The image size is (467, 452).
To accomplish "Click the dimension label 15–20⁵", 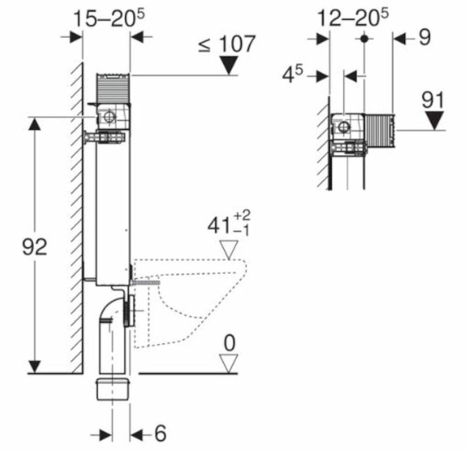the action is [109, 18].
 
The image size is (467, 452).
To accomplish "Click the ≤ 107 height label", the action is [227, 44].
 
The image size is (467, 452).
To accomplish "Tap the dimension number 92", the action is [35, 247].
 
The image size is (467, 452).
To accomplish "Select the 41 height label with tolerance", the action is [229, 224].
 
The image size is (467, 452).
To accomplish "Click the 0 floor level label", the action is [229, 343].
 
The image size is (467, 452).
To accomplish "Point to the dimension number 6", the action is [160, 433].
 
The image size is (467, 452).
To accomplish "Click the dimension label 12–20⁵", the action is [353, 18].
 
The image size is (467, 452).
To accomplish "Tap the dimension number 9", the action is [425, 37].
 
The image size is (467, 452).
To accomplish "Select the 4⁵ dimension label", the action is [292, 75].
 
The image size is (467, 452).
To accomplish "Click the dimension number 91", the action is [433, 100].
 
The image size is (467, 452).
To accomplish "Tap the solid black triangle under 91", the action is [435, 120].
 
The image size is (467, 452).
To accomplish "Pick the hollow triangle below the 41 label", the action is [229, 249].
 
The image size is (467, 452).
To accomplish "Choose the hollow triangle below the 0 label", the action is [229, 363].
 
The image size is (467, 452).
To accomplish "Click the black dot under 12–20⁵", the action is [364, 39].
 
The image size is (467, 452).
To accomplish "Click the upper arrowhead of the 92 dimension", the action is [35, 124].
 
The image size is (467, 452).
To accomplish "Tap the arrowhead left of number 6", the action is [106, 436].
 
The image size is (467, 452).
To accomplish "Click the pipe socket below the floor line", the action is [113, 389].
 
